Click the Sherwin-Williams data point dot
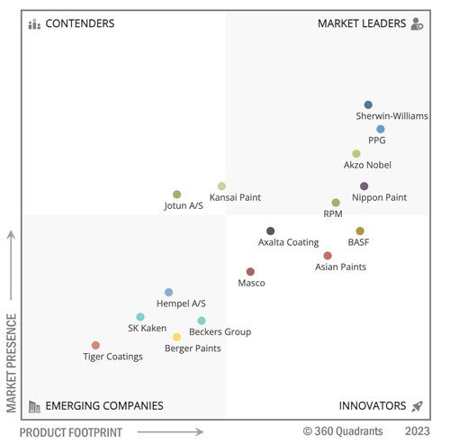[x=368, y=105]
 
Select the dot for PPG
[x=381, y=130]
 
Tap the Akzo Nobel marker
[x=356, y=154]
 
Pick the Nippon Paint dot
[x=364, y=186]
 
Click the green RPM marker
[x=336, y=203]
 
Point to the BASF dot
[x=360, y=231]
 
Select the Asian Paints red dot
[x=328, y=256]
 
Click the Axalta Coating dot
[x=270, y=231]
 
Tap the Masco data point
[x=250, y=272]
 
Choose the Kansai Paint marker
[x=221, y=186]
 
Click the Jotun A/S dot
[x=177, y=195]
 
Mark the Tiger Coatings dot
[x=95, y=345]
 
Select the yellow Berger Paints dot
[x=177, y=337]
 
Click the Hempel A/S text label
[x=181, y=304]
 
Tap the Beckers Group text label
[x=220, y=331]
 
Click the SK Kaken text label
[x=147, y=328]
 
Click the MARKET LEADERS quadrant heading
[x=362, y=23]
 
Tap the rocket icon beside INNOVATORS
[x=417, y=406]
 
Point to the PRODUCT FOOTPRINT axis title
[x=71, y=432]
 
